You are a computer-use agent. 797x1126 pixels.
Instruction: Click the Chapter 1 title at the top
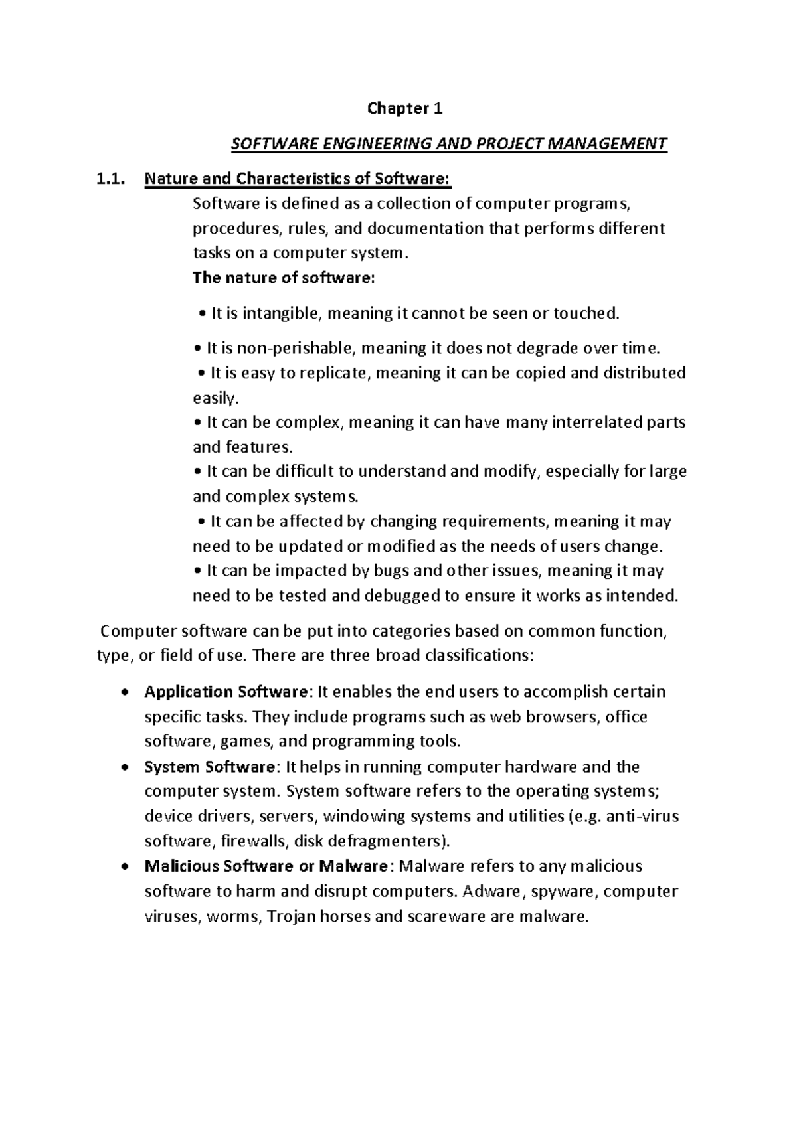pyautogui.click(x=404, y=109)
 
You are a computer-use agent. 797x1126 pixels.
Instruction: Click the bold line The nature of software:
pyautogui.click(x=284, y=278)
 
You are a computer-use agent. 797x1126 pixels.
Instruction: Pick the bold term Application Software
pyautogui.click(x=226, y=692)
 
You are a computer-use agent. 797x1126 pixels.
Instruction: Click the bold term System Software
pyautogui.click(x=209, y=767)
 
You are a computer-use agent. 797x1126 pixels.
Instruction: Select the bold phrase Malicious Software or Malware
pyautogui.click(x=266, y=866)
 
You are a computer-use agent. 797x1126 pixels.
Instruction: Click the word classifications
pyautogui.click(x=478, y=656)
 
